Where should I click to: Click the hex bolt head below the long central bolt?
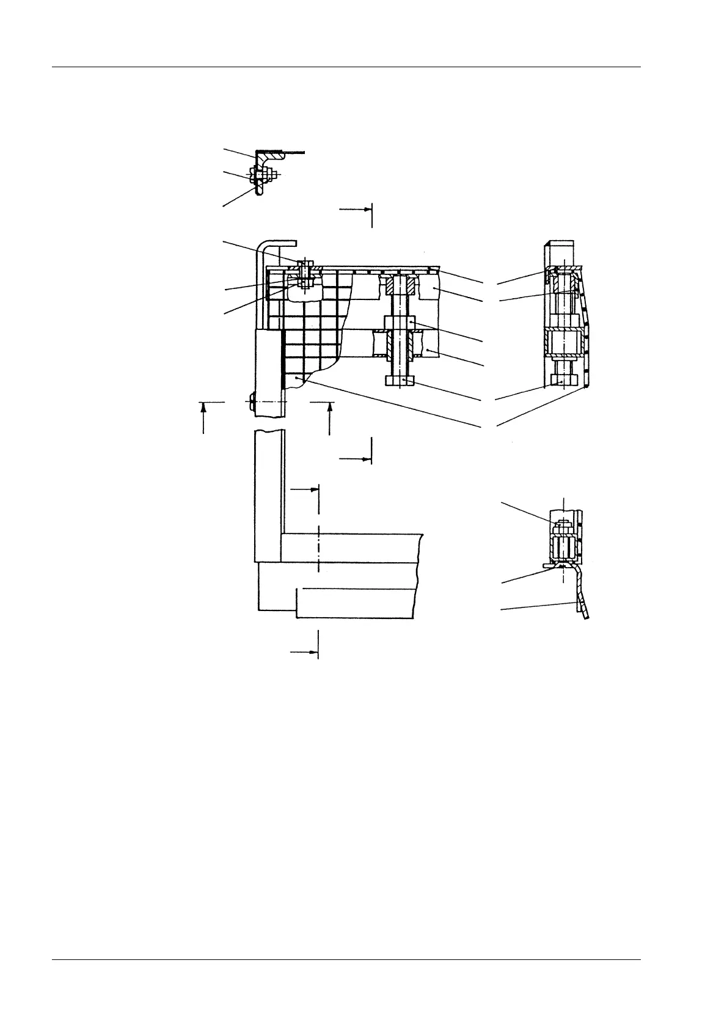[x=400, y=381]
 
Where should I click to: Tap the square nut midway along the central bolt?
[x=400, y=322]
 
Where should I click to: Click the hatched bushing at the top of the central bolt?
[x=400, y=285]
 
